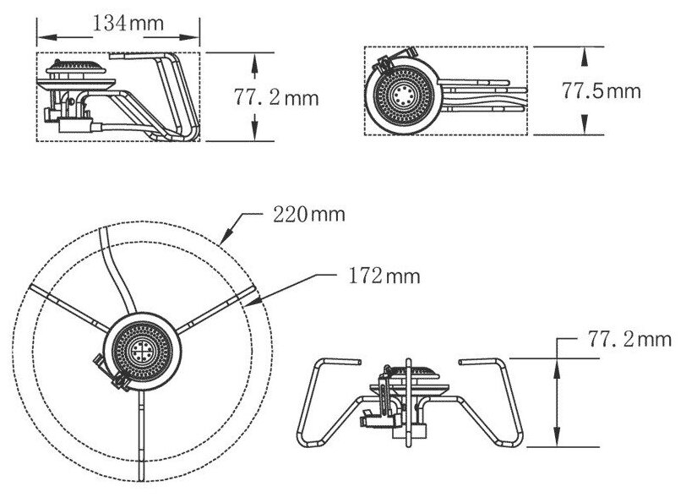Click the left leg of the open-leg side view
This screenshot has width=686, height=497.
[x=325, y=406]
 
